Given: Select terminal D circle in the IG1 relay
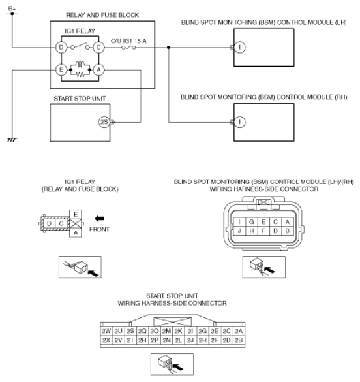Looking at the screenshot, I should (61, 48).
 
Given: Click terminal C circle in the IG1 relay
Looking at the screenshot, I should (99, 48).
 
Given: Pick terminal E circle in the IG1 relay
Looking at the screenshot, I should (61, 69).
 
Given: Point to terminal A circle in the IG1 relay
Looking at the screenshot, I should (99, 69).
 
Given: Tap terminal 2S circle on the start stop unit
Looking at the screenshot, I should (104, 121).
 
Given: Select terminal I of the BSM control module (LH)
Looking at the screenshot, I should (240, 48).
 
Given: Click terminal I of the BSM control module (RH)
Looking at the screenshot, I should (240, 121).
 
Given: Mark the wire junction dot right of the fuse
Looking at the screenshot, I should (169, 48).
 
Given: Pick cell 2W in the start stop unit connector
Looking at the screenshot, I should (106, 331).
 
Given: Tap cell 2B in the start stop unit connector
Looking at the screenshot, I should (239, 340).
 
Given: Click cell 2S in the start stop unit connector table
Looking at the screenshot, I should (130, 331).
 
